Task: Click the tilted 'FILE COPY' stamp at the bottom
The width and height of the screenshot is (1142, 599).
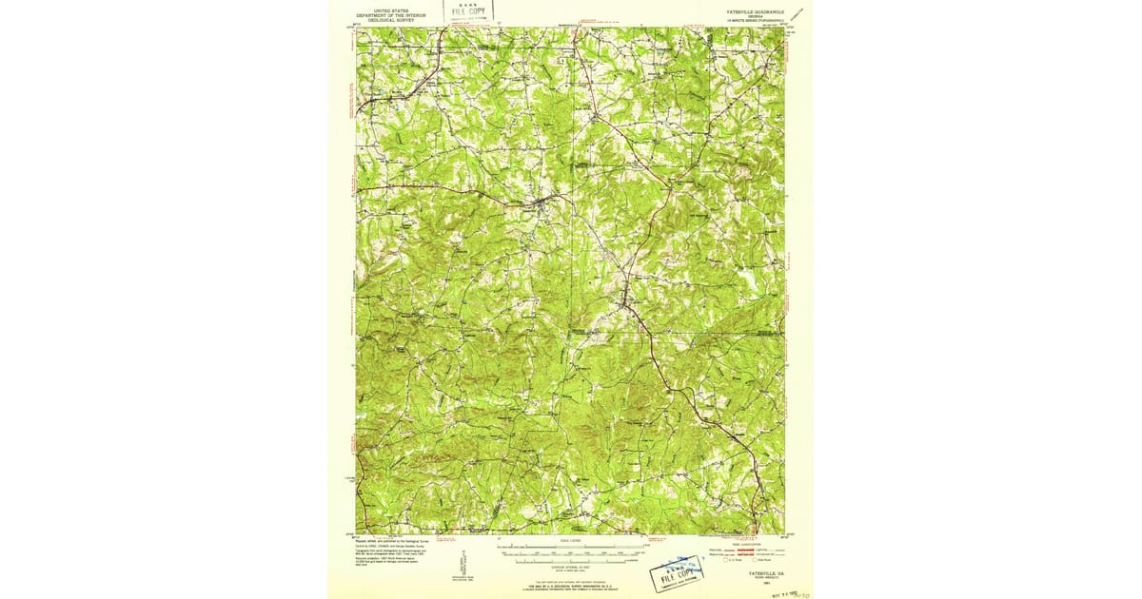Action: [x=678, y=574]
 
